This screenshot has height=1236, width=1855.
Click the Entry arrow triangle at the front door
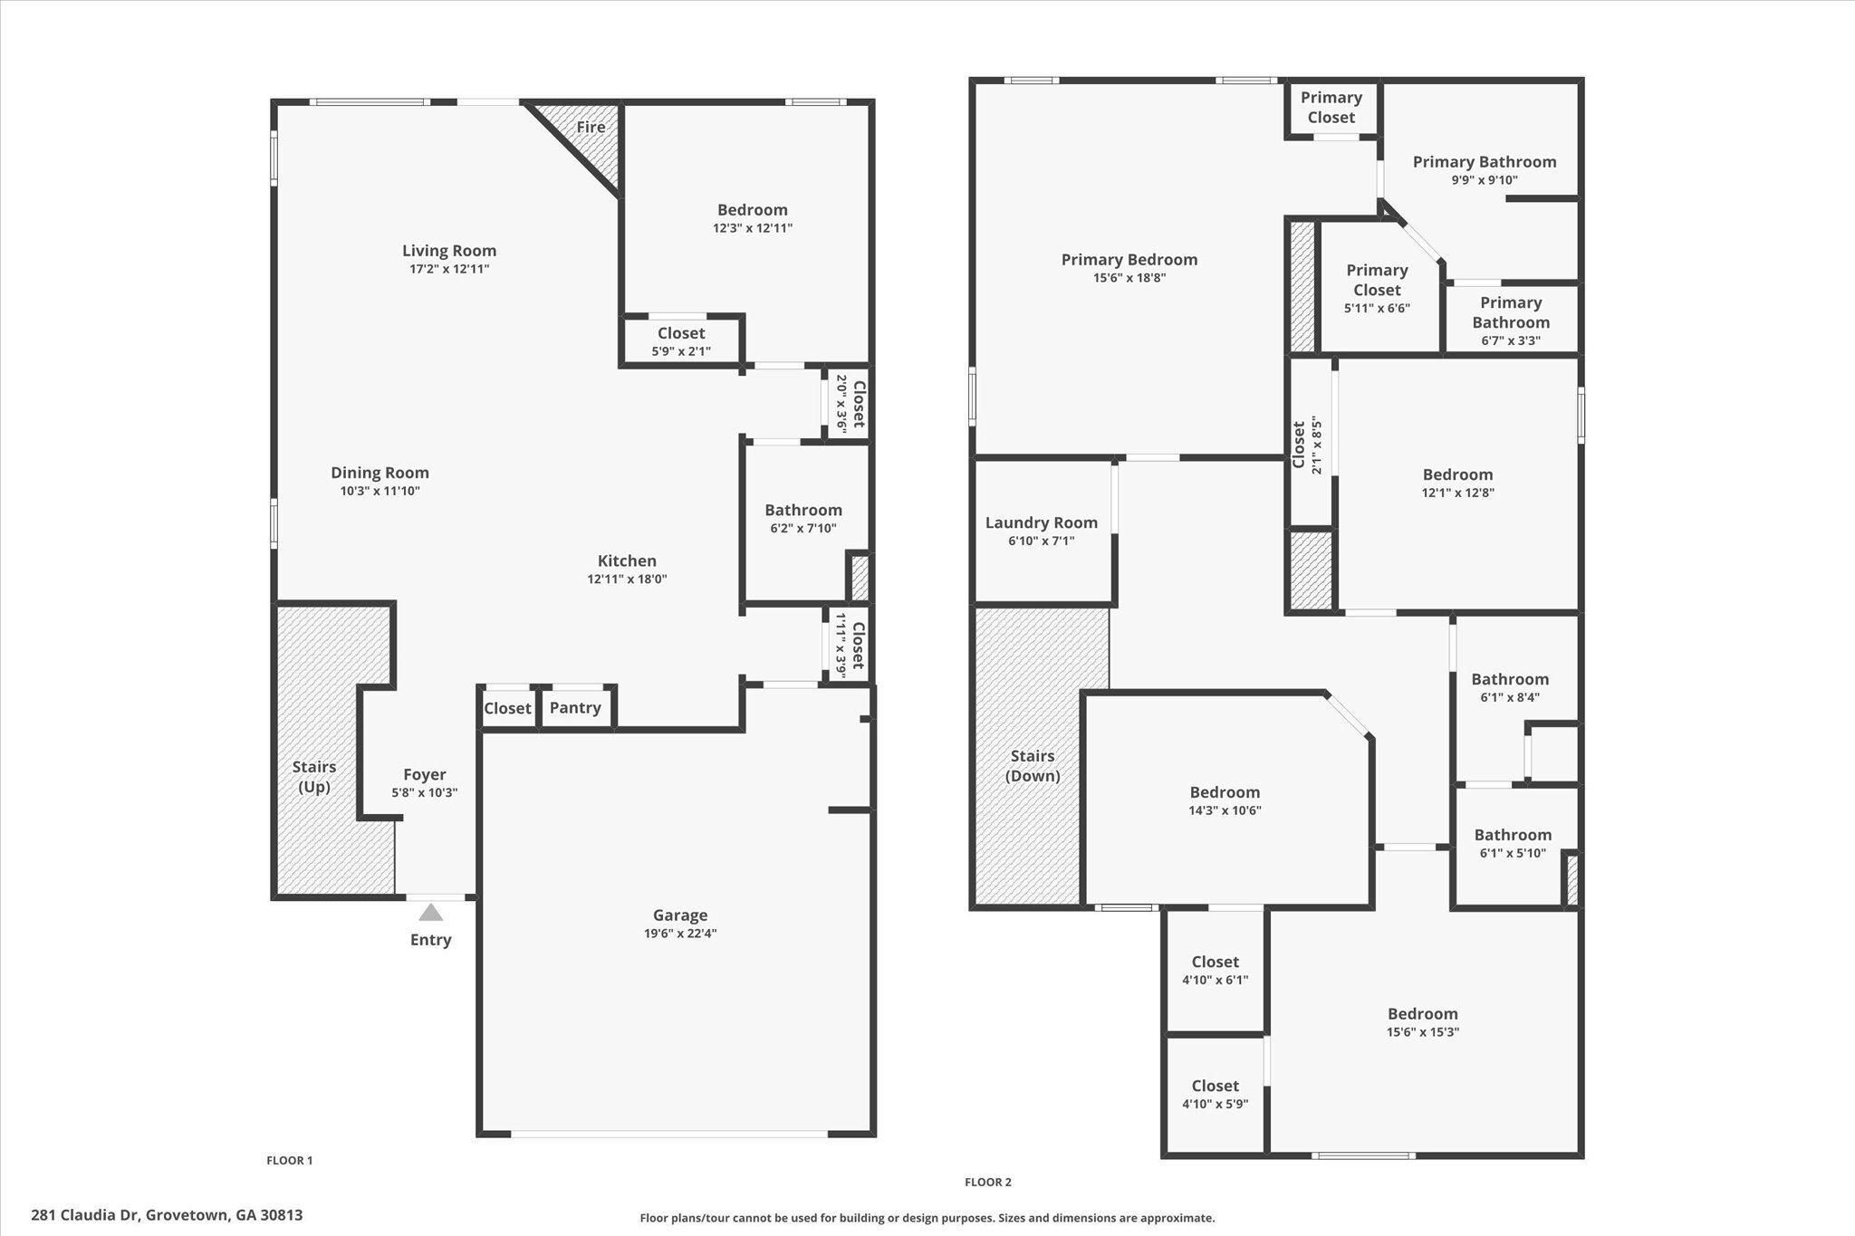pos(431,913)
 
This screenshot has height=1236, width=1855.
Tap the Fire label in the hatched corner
pos(591,127)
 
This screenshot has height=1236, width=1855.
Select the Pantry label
pos(575,707)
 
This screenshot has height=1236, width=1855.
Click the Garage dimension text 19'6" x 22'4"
pos(679,934)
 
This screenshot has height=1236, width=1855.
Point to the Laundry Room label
pos(1041,522)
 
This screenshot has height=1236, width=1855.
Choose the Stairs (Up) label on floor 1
pos(314,777)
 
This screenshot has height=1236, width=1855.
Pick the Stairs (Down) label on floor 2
pos(1033,765)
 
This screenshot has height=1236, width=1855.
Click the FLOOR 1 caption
pos(289,1160)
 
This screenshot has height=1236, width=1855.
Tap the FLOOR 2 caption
pos(987,1182)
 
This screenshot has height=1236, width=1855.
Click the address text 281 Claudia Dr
pos(85,1215)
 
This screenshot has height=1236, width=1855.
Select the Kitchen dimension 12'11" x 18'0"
pos(627,580)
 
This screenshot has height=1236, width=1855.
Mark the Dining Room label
pos(380,472)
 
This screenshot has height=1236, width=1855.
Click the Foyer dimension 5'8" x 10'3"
pos(424,792)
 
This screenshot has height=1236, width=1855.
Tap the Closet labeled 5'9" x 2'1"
pos(681,341)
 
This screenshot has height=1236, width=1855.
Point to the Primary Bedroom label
pos(1129,260)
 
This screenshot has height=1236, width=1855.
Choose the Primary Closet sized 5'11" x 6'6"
pos(1377,288)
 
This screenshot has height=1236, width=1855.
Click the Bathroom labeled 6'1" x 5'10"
pos(1513,842)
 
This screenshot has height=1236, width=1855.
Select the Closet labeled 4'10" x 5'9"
pos(1215,1094)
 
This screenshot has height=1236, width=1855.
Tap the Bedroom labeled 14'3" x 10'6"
pos(1225,800)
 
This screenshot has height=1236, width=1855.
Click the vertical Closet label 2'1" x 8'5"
pos(1307,445)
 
